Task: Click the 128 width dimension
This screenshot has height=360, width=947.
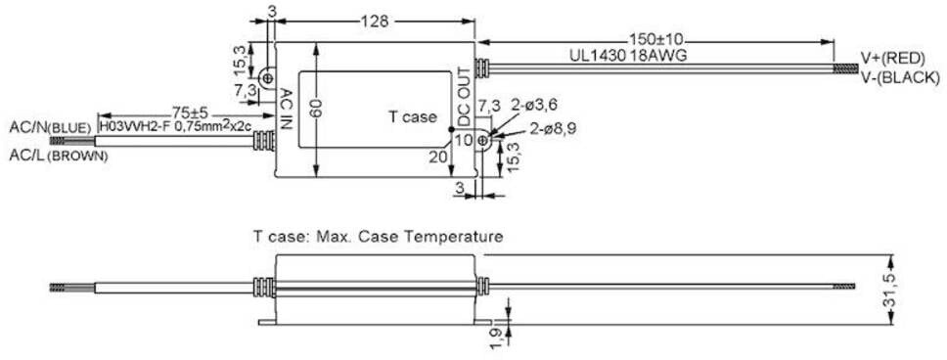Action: point(375,22)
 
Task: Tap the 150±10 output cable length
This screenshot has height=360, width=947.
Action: point(655,40)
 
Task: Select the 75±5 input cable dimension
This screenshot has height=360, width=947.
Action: point(190,113)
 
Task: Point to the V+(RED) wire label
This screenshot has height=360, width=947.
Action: point(892,59)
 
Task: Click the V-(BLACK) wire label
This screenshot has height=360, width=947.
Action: point(900,77)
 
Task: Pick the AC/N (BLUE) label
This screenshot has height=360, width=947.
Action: point(50,127)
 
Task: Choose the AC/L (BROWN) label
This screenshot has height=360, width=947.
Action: point(59,156)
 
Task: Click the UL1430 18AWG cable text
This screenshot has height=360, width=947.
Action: point(628,55)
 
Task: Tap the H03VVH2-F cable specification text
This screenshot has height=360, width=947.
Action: point(175,127)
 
